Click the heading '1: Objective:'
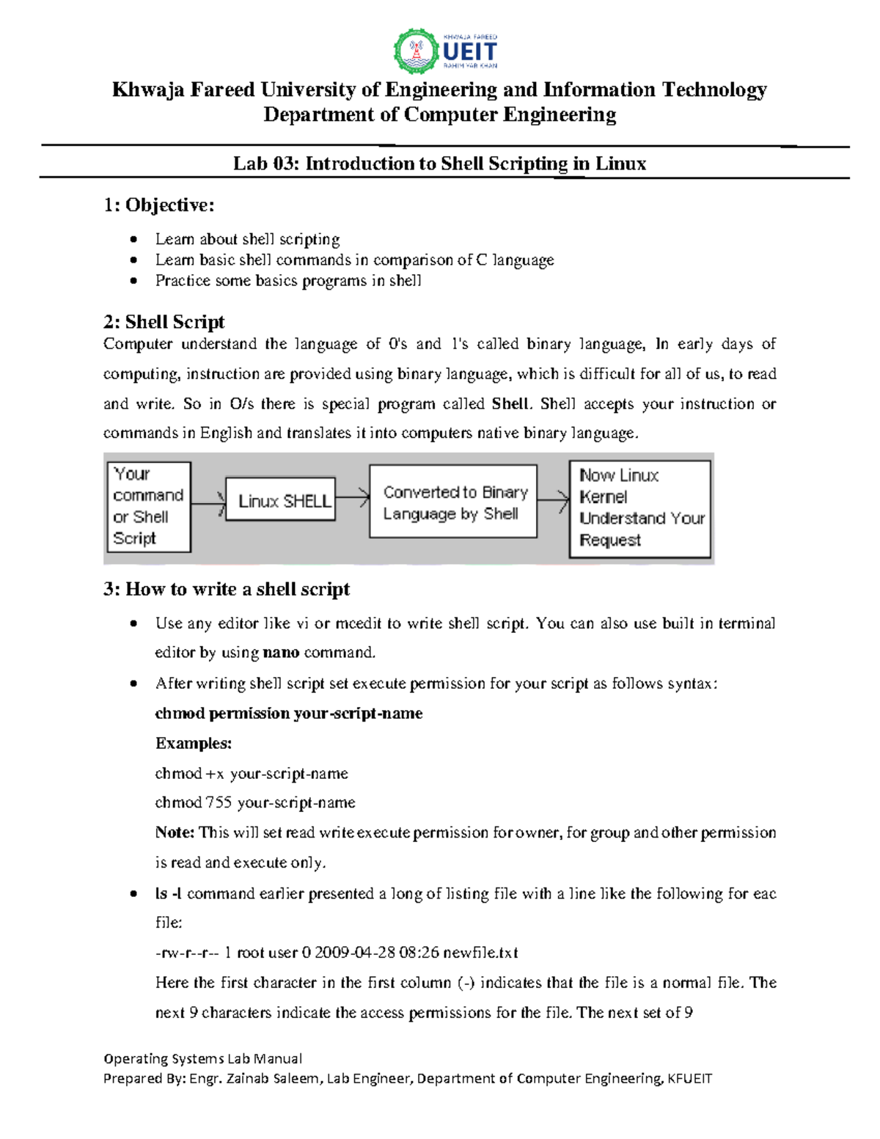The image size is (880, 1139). click(158, 205)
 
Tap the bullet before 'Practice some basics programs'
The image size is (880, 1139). click(133, 280)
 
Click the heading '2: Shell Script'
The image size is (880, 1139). click(164, 321)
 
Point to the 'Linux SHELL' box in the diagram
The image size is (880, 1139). click(281, 500)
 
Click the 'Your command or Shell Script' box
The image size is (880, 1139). click(148, 506)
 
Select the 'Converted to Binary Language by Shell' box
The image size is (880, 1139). click(453, 502)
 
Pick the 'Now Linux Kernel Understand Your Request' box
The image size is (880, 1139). click(639, 508)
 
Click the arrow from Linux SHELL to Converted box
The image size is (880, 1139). click(353, 499)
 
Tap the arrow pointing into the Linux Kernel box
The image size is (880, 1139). click(554, 500)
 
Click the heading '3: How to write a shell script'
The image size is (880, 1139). click(226, 589)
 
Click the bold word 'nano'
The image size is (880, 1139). click(281, 653)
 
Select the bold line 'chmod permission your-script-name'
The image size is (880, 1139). click(288, 714)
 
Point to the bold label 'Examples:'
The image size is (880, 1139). click(193, 743)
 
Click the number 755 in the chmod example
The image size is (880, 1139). click(219, 802)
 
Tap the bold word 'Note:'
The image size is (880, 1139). click(175, 832)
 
